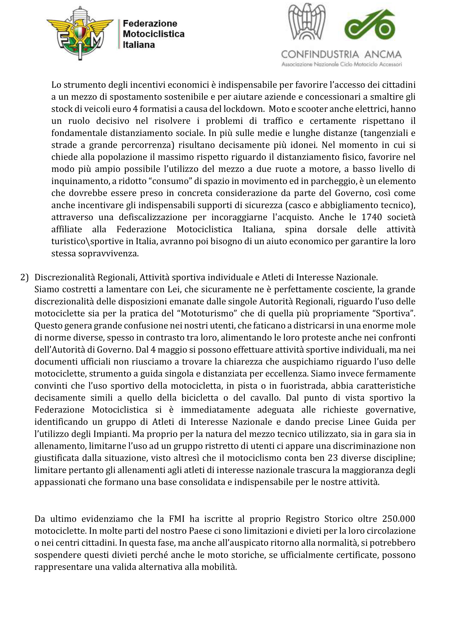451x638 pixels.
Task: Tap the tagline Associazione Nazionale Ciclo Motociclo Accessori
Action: pyautogui.click(x=341, y=65)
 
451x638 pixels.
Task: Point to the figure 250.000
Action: pyautogui.click(x=398, y=519)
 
